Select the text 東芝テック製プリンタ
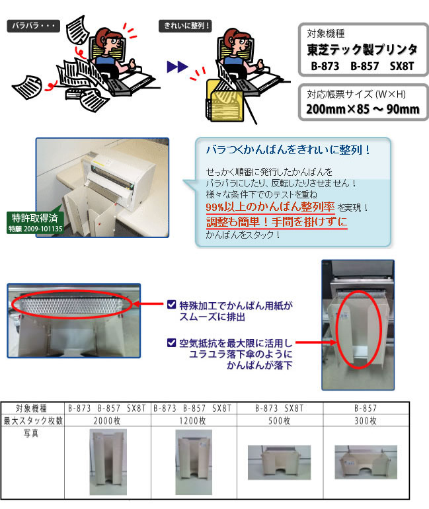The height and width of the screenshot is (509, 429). [362, 50]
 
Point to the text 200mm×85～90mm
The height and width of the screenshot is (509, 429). [363, 108]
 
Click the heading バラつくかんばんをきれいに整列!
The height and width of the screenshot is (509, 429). [288, 149]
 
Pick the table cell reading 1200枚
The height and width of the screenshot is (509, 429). [194, 420]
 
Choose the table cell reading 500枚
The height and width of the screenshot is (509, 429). [279, 420]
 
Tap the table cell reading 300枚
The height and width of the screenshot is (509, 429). [364, 420]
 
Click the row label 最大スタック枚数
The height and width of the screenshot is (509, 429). [33, 420]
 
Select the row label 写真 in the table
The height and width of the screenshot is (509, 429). [33, 433]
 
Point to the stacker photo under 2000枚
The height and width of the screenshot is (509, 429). [108, 462]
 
